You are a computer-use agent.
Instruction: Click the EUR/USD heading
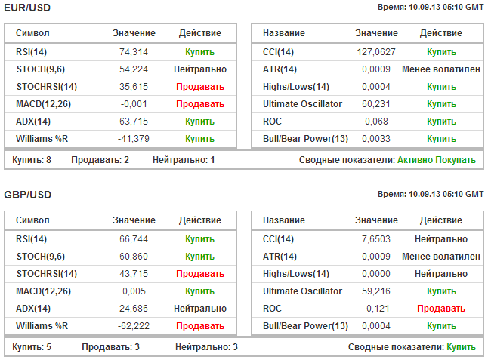point(28,7)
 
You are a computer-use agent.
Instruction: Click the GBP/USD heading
point(28,195)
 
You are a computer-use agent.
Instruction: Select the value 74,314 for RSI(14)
point(133,52)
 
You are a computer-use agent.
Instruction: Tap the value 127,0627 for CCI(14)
point(375,52)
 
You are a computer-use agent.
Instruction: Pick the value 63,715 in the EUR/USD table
point(133,122)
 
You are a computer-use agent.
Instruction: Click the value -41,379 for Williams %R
point(133,139)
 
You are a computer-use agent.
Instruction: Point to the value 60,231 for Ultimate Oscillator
point(375,104)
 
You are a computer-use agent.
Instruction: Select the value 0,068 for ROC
point(375,122)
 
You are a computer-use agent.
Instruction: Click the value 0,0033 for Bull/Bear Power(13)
point(375,139)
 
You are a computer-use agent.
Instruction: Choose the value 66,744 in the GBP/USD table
point(133,239)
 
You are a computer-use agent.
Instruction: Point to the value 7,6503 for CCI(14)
point(375,239)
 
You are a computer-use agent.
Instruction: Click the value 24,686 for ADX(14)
point(133,309)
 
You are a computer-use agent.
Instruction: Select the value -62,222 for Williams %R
point(133,326)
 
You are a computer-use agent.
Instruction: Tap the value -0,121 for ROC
point(375,309)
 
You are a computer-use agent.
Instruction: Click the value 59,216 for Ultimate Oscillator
point(375,291)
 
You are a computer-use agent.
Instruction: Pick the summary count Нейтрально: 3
point(206,347)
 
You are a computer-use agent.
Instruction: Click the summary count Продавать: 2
point(100,160)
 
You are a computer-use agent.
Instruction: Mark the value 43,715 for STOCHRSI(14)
point(133,274)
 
